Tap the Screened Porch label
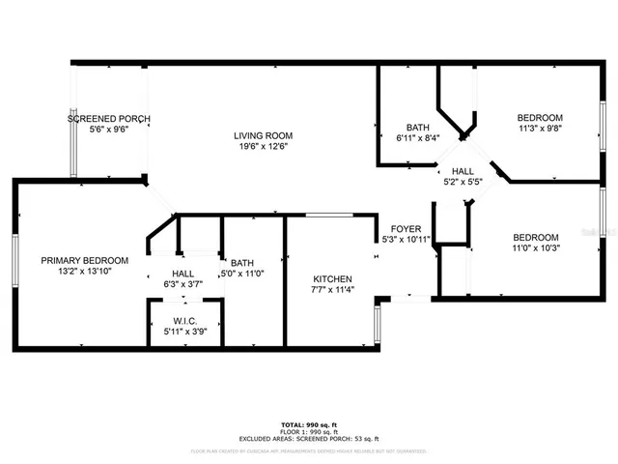108,119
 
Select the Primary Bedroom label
84,260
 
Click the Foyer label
404,228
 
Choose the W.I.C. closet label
184,322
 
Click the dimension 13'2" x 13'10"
84,272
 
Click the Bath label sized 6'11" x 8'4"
417,127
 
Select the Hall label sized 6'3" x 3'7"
183,274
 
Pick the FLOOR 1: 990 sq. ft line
309,431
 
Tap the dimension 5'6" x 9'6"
108,130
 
